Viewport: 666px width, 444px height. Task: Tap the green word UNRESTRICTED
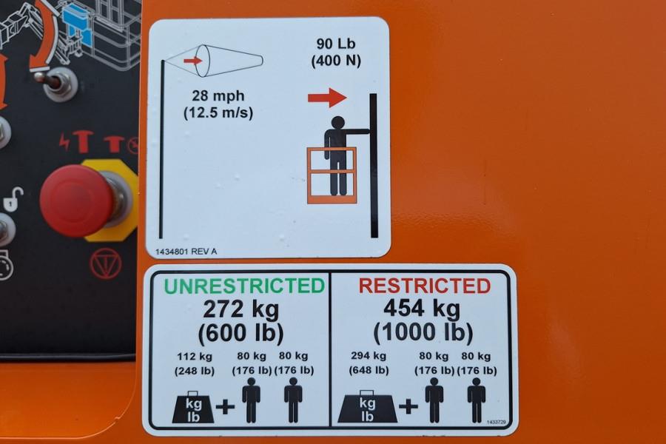pos(244,286)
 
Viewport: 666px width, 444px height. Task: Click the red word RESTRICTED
pos(425,286)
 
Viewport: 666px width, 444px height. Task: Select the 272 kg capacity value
pos(240,309)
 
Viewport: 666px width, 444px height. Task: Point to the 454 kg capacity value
pos(422,309)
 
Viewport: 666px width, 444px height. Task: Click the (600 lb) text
pos(240,333)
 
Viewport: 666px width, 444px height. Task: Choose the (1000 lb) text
pos(423,332)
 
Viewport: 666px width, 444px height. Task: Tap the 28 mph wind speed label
pos(218,95)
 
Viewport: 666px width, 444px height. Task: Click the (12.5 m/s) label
pos(218,113)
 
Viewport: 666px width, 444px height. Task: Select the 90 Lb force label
pos(336,44)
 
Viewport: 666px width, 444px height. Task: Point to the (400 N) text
pos(336,61)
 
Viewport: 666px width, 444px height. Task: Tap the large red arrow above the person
pos(327,98)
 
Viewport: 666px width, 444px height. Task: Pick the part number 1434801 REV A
pos(186,252)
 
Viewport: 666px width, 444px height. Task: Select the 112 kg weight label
pos(195,356)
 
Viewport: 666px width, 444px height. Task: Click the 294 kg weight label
pos(369,356)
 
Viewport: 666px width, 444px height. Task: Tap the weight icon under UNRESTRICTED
pos(193,408)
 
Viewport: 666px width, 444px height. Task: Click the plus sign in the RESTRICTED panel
pos(408,407)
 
